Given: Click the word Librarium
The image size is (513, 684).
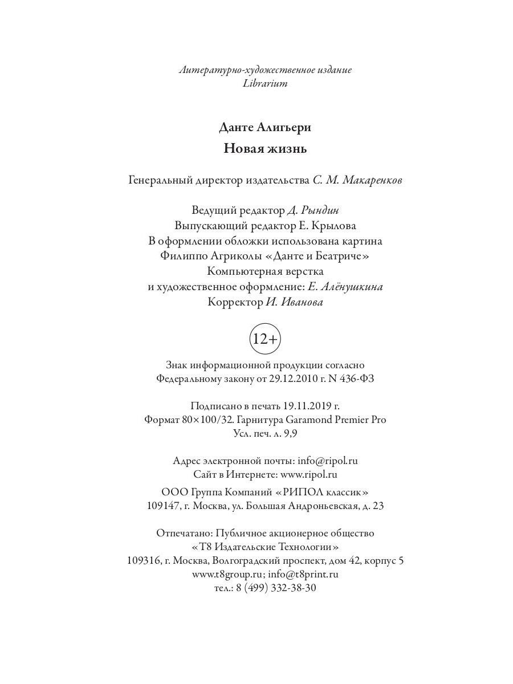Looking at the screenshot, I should point(265,84).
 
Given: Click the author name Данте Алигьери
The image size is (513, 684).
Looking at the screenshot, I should point(265,128).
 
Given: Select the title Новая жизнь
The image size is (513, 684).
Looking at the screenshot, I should point(265,149).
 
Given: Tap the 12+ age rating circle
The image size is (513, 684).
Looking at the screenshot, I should point(265,339).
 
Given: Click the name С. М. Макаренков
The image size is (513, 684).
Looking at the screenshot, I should point(357,181).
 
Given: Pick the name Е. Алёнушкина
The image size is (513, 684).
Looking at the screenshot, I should point(347,287).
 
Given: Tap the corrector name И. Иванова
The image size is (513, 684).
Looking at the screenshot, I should point(294,303).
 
